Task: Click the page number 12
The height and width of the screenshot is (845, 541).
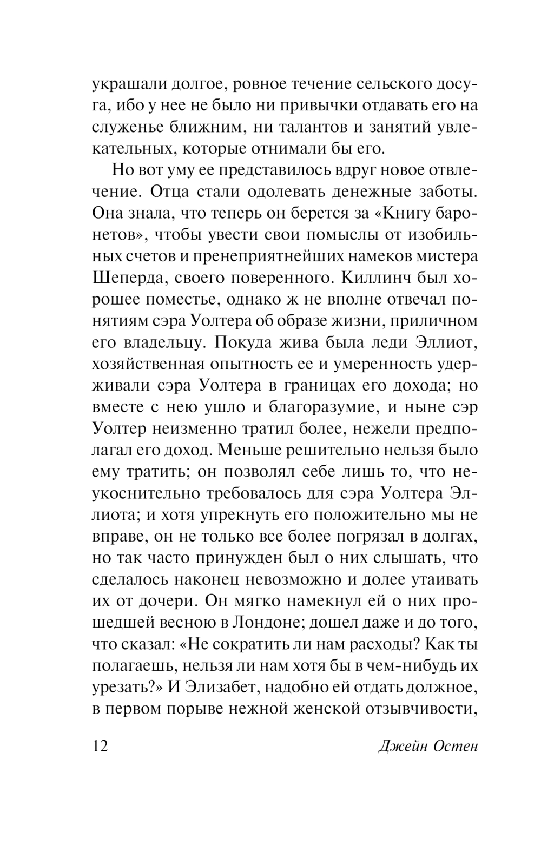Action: coord(101,745)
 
